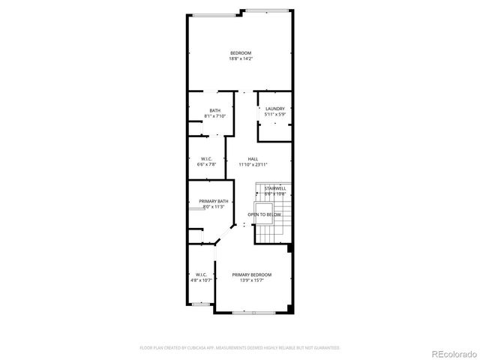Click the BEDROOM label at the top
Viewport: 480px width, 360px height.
pyautogui.click(x=240, y=52)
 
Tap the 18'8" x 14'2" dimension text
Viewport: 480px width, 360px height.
pyautogui.click(x=240, y=58)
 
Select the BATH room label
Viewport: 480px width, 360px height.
pyautogui.click(x=214, y=110)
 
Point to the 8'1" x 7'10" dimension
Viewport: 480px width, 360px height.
pyautogui.click(x=214, y=116)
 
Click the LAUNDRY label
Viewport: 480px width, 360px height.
pyautogui.click(x=275, y=109)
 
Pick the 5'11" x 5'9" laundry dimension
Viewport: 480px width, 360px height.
pyautogui.click(x=275, y=115)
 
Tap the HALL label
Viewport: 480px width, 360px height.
pyautogui.click(x=253, y=159)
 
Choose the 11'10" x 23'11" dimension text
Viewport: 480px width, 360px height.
pyautogui.click(x=253, y=164)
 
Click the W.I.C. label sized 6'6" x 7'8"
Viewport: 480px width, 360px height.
pyautogui.click(x=207, y=158)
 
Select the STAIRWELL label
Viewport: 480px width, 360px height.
pyautogui.click(x=275, y=188)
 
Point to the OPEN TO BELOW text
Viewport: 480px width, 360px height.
pyautogui.click(x=265, y=214)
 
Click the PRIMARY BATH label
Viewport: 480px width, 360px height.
pyautogui.click(x=213, y=201)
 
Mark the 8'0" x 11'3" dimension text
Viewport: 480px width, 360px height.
pyautogui.click(x=213, y=207)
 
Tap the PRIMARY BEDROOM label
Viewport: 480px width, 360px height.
pyautogui.click(x=251, y=275)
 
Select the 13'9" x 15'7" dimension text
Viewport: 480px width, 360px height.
pyautogui.click(x=251, y=281)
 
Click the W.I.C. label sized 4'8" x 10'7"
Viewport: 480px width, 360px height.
pyautogui.click(x=201, y=274)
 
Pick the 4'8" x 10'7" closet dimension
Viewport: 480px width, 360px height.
pyautogui.click(x=201, y=280)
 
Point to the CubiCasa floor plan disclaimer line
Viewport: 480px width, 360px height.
pyautogui.click(x=240, y=348)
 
